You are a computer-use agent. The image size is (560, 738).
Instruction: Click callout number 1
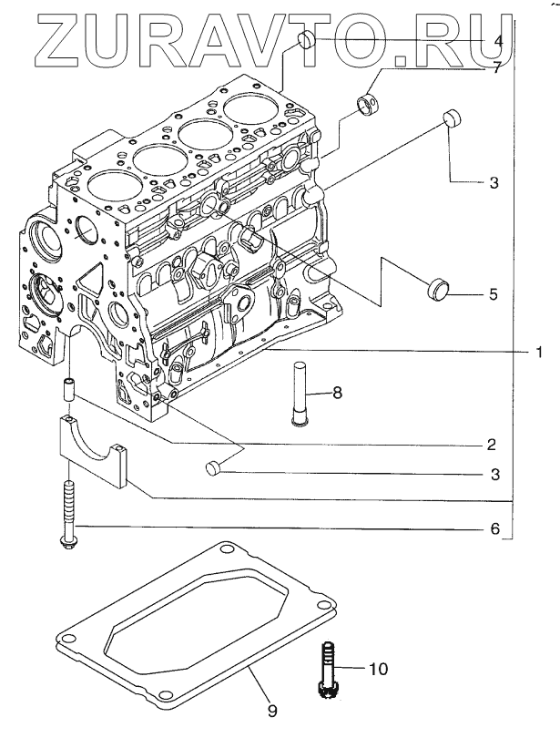coord(538,352)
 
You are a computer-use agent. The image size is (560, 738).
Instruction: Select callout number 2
coord(491,445)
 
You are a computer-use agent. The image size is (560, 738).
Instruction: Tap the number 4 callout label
coord(497,41)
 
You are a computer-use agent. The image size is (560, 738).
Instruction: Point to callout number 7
coord(497,67)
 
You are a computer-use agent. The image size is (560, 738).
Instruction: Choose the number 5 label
coord(493,295)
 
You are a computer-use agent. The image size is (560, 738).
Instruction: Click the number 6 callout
coord(495,528)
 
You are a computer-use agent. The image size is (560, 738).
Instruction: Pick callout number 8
coord(336,393)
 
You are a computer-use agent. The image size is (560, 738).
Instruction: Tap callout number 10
coord(378,670)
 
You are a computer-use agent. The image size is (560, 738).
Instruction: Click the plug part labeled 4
coord(307,39)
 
